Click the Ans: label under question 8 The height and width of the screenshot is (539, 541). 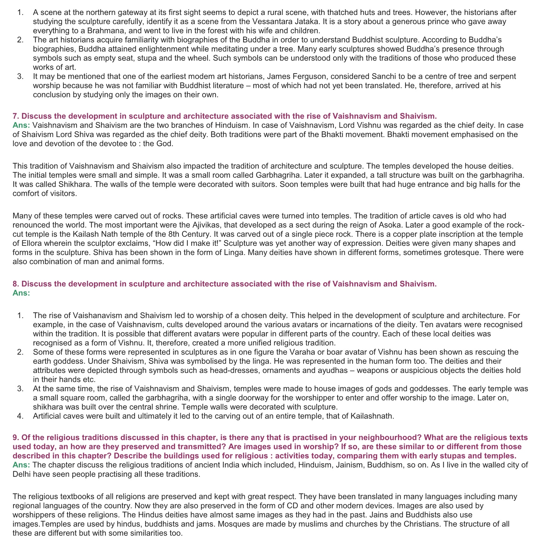(21, 293)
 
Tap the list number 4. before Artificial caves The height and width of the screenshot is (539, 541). (20, 416)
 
